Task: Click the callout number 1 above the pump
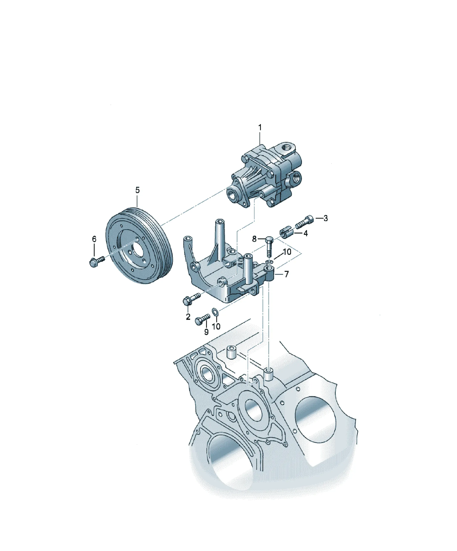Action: (260, 128)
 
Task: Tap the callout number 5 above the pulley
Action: (138, 190)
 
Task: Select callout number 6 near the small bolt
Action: (94, 239)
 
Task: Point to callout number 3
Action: (325, 218)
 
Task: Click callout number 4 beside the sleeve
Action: (305, 233)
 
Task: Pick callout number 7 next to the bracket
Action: (287, 274)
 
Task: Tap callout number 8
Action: (254, 239)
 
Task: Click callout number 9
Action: (207, 332)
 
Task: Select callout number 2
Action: (188, 317)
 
